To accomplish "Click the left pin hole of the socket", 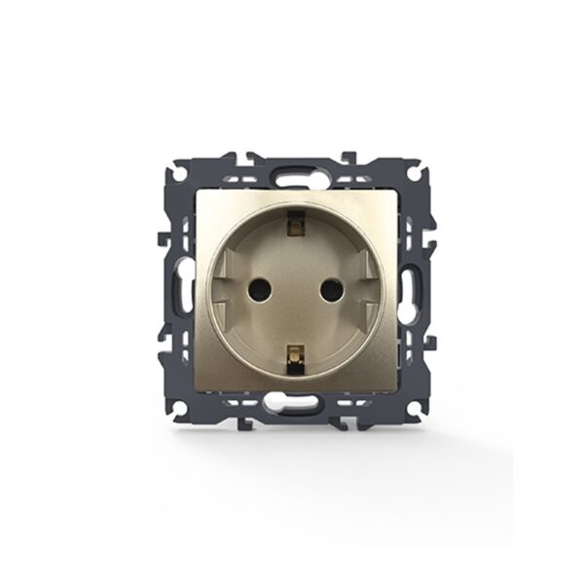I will click(262, 289).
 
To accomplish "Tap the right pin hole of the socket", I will click(328, 289).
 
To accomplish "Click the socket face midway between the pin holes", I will click(295, 289).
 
